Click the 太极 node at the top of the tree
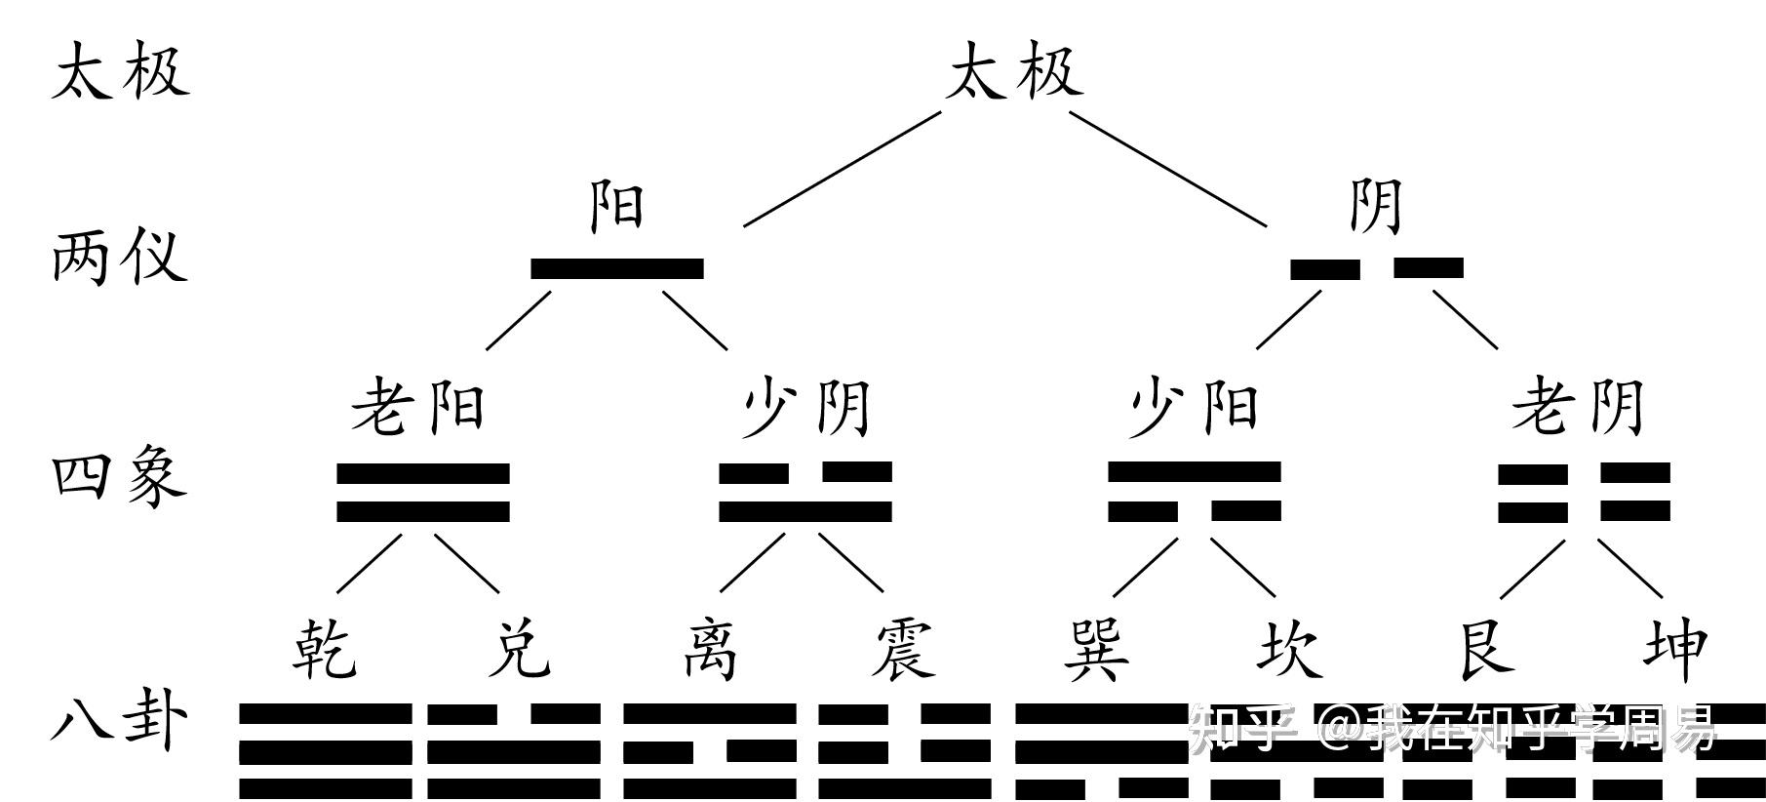pos(1014,71)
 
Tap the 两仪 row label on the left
pos(119,258)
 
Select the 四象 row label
pos(119,477)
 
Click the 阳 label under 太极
pos(617,206)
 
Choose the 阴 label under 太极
pos(1376,206)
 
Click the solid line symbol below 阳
pos(617,268)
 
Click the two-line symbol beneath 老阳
pos(423,493)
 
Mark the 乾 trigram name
pos(325,648)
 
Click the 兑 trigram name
pos(519,648)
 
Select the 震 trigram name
pos(903,648)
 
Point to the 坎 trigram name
pos(1289,648)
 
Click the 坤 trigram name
pos(1675,648)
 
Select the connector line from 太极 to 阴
pos(1168,168)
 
